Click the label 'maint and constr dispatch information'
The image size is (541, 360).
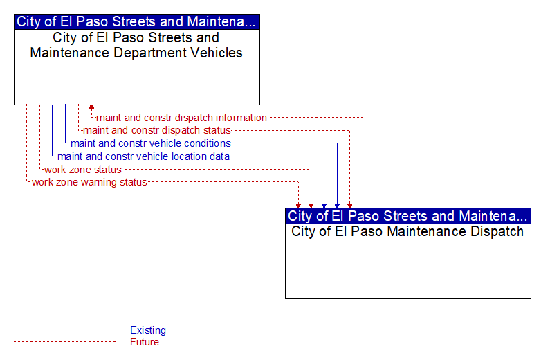coord(181,118)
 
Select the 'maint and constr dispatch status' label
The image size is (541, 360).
coord(157,130)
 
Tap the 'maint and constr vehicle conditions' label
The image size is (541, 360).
coord(151,143)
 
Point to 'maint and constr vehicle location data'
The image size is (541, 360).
coord(143,156)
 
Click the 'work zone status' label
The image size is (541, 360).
coord(83,170)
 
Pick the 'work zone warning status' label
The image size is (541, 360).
coord(89,182)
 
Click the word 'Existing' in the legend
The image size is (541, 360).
coord(148,330)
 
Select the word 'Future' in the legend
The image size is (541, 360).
coord(145,342)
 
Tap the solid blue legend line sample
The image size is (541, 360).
coord(65,330)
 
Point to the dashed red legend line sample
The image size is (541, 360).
coord(65,342)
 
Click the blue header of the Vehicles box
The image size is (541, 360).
coord(137,21)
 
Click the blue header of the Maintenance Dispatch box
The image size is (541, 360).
coord(408,216)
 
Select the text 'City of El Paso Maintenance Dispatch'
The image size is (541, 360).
coord(407,231)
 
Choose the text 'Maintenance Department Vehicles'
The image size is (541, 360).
coord(136,53)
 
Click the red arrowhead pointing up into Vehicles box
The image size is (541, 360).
coord(91,107)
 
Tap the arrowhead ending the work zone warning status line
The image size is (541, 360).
coord(298,206)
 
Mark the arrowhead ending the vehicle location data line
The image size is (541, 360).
coord(324,206)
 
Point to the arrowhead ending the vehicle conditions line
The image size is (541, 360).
coord(337,206)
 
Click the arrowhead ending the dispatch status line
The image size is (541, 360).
coord(350,206)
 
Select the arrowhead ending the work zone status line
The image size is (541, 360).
coord(311,206)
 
